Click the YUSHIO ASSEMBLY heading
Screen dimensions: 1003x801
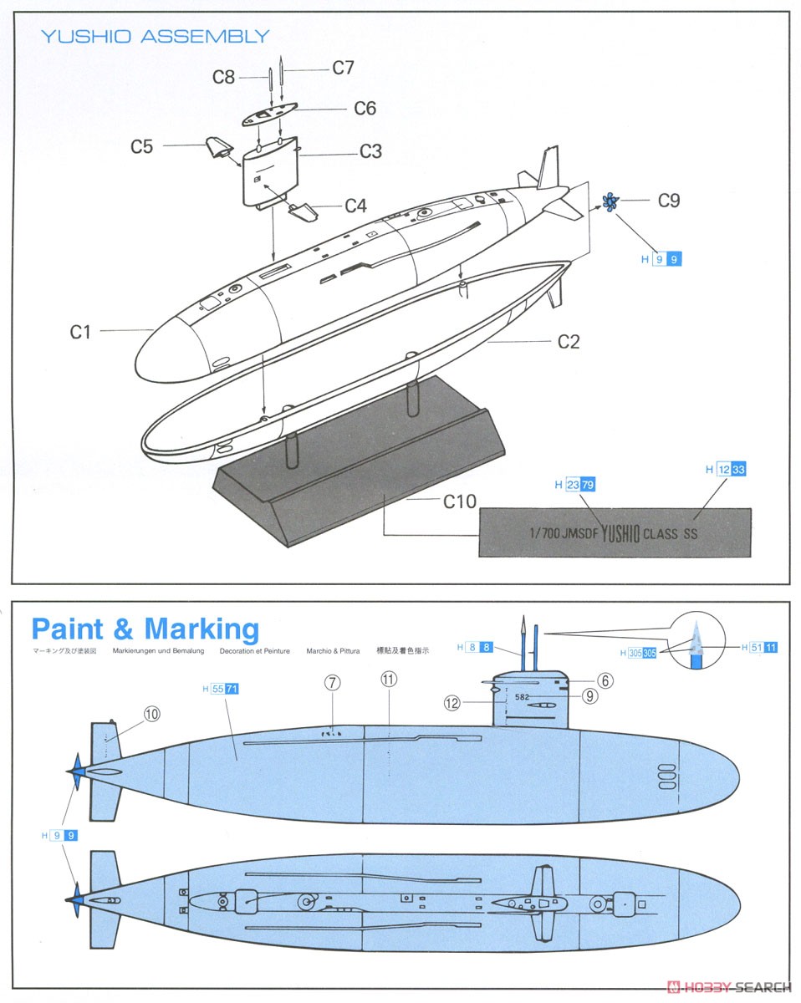[156, 36]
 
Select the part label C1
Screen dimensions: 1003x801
[80, 332]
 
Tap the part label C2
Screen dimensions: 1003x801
[569, 341]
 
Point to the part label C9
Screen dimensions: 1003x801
[668, 201]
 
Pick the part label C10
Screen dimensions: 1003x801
[459, 501]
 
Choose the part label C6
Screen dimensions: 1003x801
[365, 108]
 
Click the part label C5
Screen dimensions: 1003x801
[141, 146]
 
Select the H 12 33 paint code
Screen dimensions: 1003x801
[725, 470]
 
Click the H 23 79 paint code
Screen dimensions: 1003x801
[575, 485]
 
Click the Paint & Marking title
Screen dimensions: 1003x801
[145, 629]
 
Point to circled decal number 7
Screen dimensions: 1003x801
[332, 682]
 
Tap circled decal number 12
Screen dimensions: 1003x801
[452, 703]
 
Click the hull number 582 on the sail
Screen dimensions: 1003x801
[523, 696]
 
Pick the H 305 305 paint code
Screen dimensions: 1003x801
[638, 653]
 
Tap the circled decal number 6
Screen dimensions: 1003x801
[605, 680]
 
